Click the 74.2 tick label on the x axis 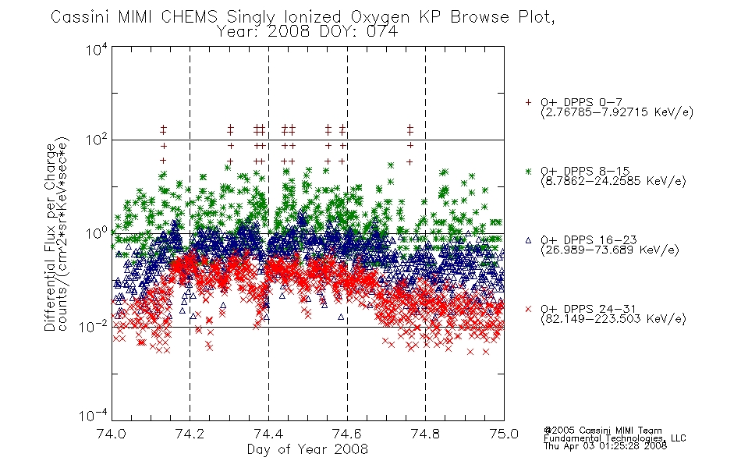[x=190, y=434]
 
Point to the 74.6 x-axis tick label [x=347, y=434]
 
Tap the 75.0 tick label [x=504, y=434]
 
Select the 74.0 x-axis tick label [x=112, y=434]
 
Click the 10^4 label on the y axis [x=97, y=50]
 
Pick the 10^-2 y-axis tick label [x=94, y=326]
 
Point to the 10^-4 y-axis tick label [x=94, y=415]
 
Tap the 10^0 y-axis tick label [x=97, y=233]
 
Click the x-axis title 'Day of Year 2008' [x=307, y=449]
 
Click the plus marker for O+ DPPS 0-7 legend [x=528, y=102]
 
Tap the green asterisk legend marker [x=528, y=171]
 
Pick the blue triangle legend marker [x=528, y=240]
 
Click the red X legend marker [x=528, y=309]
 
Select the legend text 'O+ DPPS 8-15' [x=585, y=171]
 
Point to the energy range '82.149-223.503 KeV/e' [x=613, y=319]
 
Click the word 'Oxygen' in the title [x=380, y=17]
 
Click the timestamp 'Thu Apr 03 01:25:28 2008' [x=605, y=445]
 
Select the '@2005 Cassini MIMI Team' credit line [x=602, y=431]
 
